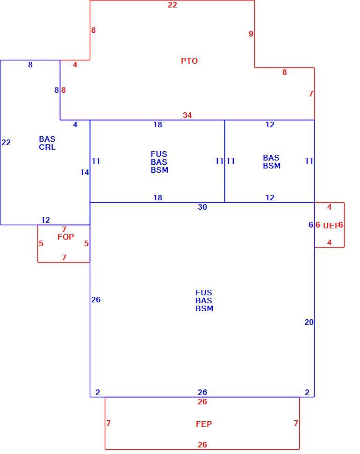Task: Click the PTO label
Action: pos(189,61)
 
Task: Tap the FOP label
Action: pos(65,237)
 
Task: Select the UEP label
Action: pos(331,226)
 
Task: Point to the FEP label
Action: pos(204,424)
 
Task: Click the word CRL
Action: pos(47,147)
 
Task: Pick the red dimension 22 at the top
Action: pos(173,5)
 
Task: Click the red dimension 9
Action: pos(251,34)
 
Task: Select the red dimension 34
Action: pos(187,115)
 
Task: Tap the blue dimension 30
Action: pos(202,207)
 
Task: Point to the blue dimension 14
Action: pos(85,172)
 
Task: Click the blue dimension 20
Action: pos(309,322)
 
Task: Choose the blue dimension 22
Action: pos(6,142)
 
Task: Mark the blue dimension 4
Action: pos(75,124)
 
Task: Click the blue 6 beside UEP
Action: pos(311,225)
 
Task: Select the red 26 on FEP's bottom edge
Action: pos(202,445)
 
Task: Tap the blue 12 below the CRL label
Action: pos(45,220)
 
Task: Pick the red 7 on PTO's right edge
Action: pos(311,94)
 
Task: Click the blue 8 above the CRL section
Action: pos(30,65)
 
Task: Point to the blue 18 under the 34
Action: pos(158,124)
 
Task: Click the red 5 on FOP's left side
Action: pos(41,243)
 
